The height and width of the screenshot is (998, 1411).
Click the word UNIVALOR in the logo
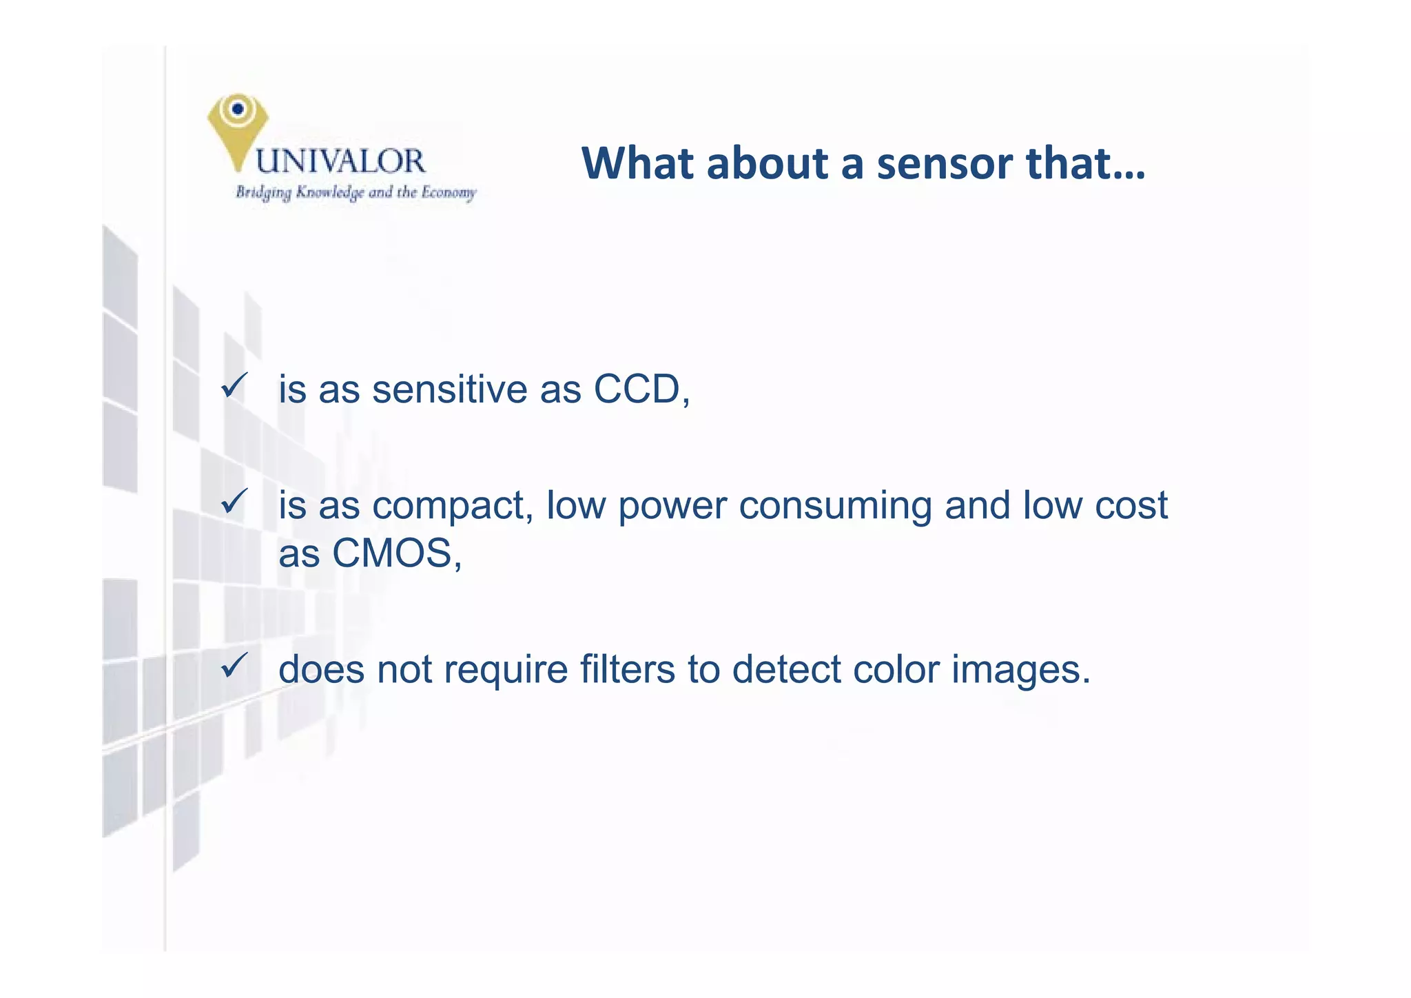click(340, 161)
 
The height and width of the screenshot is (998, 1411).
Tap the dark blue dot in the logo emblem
click(238, 108)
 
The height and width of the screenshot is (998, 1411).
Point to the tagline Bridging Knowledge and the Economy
click(356, 192)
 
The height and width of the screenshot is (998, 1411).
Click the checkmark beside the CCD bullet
click(234, 385)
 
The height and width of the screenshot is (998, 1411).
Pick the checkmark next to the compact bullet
click(234, 501)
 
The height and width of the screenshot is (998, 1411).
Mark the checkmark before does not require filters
click(234, 665)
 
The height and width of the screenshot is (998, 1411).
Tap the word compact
click(451, 507)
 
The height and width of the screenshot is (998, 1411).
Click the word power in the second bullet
click(672, 507)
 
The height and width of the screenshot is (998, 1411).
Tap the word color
click(896, 669)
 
